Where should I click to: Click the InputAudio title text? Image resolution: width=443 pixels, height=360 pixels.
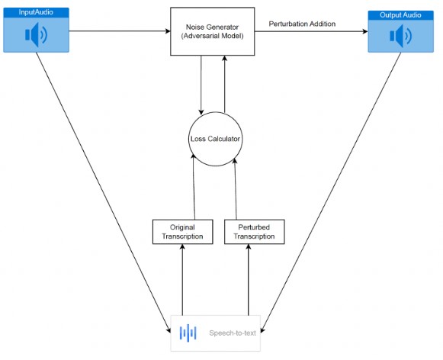36,12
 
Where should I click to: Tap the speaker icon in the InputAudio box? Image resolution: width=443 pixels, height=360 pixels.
36,35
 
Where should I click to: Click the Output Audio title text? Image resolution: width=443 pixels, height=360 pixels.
400,15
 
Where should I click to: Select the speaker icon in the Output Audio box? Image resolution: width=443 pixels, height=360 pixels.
400,36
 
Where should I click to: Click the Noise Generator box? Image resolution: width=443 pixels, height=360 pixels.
213,31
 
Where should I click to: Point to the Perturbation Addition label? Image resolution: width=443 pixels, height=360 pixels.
302,24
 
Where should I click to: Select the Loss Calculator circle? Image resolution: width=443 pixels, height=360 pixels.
215,139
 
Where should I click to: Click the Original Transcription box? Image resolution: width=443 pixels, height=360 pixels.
182,232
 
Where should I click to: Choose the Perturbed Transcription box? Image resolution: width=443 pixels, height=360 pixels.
254,232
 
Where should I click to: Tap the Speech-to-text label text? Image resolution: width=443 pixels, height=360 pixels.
233,333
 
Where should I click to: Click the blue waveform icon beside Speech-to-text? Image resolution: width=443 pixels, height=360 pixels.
188,333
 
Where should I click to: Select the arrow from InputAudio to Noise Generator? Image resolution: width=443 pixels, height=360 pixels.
120,31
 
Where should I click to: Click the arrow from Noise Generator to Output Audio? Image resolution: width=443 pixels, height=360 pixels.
311,31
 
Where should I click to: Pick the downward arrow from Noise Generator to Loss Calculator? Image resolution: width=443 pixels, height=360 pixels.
201,85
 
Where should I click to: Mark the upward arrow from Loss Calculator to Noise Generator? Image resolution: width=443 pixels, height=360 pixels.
225,84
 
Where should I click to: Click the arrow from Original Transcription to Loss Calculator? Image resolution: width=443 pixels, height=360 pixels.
194,187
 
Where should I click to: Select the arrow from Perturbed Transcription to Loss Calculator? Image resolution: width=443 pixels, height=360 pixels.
236,188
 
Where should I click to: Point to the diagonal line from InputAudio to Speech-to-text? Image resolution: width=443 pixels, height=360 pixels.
104,192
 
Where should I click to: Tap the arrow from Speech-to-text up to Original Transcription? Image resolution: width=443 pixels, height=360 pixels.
182,280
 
